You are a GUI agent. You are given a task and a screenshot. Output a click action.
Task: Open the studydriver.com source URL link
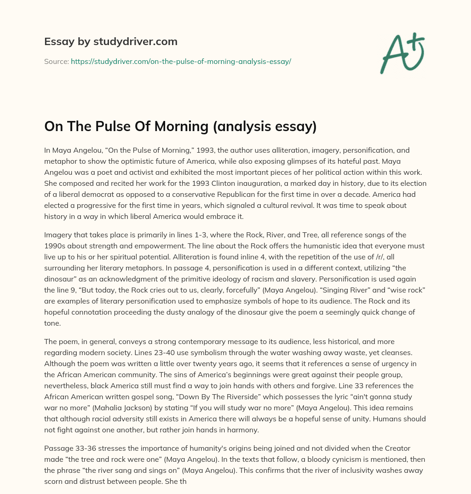pos(181,61)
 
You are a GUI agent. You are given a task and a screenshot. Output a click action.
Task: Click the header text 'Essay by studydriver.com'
pos(110,41)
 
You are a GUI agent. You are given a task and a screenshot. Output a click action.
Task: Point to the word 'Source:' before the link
pos(56,61)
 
